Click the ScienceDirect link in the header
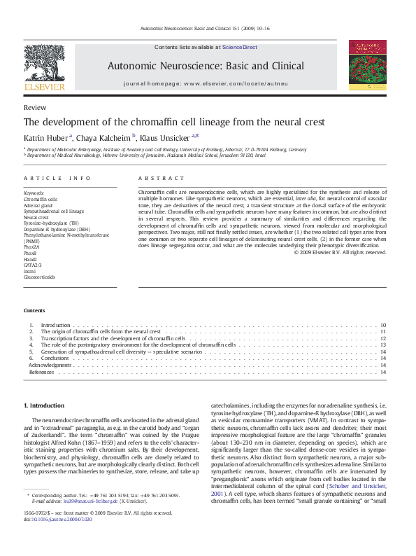(240, 48)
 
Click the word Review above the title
(35, 108)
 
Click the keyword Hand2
(31, 259)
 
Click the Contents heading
(34, 310)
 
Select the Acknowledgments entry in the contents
(50, 365)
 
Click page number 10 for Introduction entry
(383, 326)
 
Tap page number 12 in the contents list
(383, 338)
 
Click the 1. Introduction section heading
(45, 405)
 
